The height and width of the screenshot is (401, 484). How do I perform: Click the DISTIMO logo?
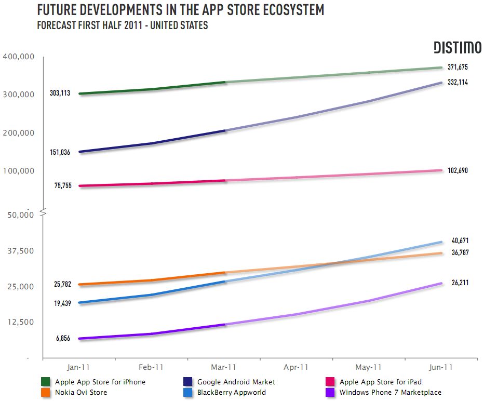coord(457,48)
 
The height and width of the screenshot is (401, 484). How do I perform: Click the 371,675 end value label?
coord(458,68)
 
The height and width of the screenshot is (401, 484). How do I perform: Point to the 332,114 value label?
coord(458,82)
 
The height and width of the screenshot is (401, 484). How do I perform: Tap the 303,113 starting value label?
coord(60,94)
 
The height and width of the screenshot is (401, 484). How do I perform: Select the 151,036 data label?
coord(60,152)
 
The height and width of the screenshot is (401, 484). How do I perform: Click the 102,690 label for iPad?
coord(458,170)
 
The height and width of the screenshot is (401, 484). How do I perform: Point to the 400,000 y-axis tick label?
coord(19,56)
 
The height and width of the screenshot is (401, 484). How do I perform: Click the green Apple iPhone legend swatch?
coord(46,382)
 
